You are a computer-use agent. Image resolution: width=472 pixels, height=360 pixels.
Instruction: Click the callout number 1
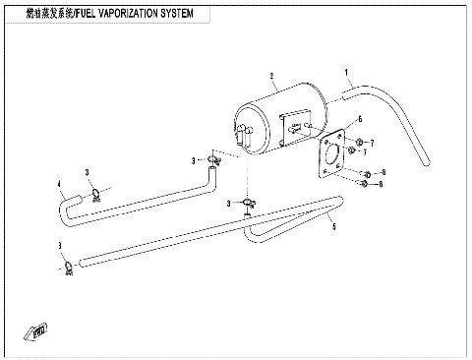(347, 73)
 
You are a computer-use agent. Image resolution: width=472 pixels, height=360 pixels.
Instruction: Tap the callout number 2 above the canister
(269, 75)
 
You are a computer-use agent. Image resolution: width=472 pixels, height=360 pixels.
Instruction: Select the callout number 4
(60, 183)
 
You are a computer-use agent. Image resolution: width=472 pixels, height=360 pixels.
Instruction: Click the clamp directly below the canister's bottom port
(251, 204)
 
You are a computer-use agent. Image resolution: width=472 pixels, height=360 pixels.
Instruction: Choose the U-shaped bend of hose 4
(69, 207)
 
